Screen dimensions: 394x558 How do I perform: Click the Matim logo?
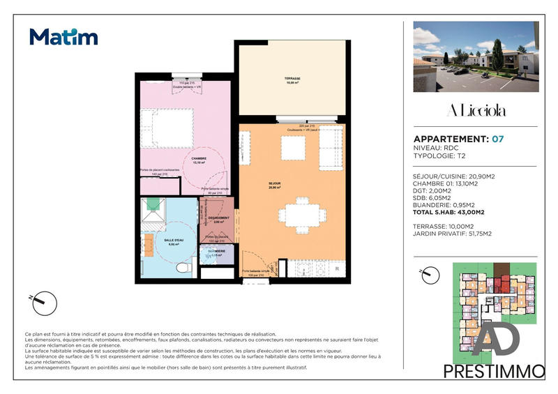point(63,36)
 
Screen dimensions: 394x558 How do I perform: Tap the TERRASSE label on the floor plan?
point(292,79)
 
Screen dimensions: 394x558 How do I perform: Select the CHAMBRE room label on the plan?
point(181,160)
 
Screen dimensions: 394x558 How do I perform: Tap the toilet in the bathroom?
point(182,267)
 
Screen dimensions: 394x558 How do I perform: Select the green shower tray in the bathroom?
point(153,209)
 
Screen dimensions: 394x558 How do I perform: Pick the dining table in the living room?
point(301,214)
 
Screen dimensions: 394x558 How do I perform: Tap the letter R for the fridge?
point(336,268)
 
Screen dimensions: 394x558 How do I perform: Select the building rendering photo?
point(476,56)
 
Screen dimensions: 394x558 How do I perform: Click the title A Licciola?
point(476,111)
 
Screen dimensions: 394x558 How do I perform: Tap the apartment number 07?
point(497,139)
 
